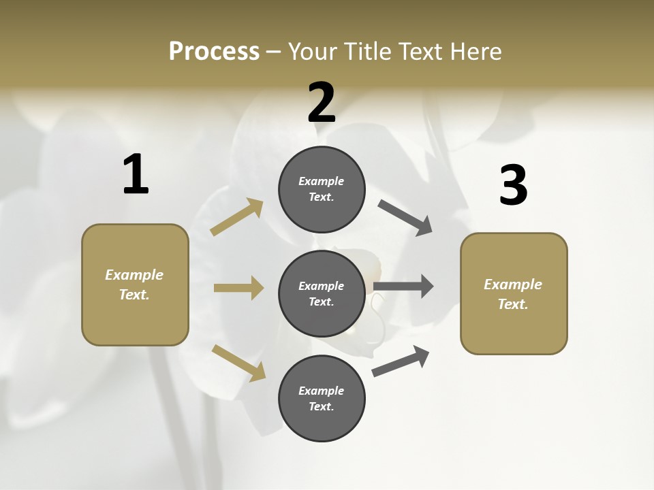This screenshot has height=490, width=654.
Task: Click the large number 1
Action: tap(136, 174)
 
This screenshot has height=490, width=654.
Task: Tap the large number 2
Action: tap(322, 103)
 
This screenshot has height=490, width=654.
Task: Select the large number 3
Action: tap(513, 185)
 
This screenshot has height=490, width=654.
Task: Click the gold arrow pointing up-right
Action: tap(237, 216)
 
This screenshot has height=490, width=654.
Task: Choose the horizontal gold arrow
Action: tap(238, 288)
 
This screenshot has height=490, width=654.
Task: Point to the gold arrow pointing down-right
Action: tap(238, 362)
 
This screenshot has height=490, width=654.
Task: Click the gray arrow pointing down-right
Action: tap(405, 218)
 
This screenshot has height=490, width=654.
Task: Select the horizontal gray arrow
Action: tap(403, 286)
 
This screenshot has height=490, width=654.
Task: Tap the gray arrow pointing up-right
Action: tap(401, 361)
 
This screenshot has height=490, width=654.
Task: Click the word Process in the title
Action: tap(214, 51)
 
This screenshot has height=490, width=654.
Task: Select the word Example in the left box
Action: tap(134, 275)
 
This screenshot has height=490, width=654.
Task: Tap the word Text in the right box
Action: tap(512, 304)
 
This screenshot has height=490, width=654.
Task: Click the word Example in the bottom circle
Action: tap(322, 391)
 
